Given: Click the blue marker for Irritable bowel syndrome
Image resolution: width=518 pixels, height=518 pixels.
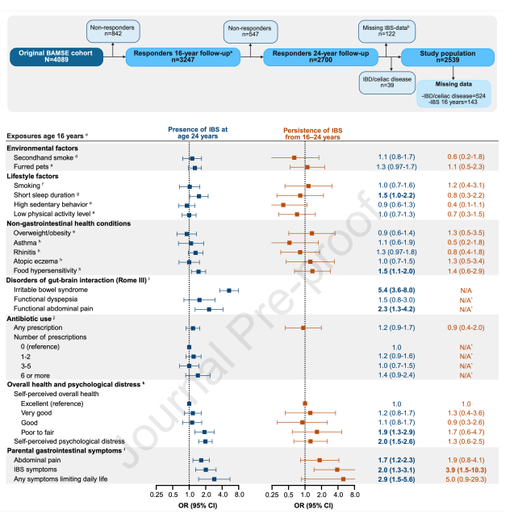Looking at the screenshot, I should click(x=229, y=290).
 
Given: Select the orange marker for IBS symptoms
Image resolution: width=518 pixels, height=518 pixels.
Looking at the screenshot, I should click(x=337, y=469).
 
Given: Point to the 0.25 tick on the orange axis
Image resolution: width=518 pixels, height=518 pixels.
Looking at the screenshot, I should click(x=270, y=495).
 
